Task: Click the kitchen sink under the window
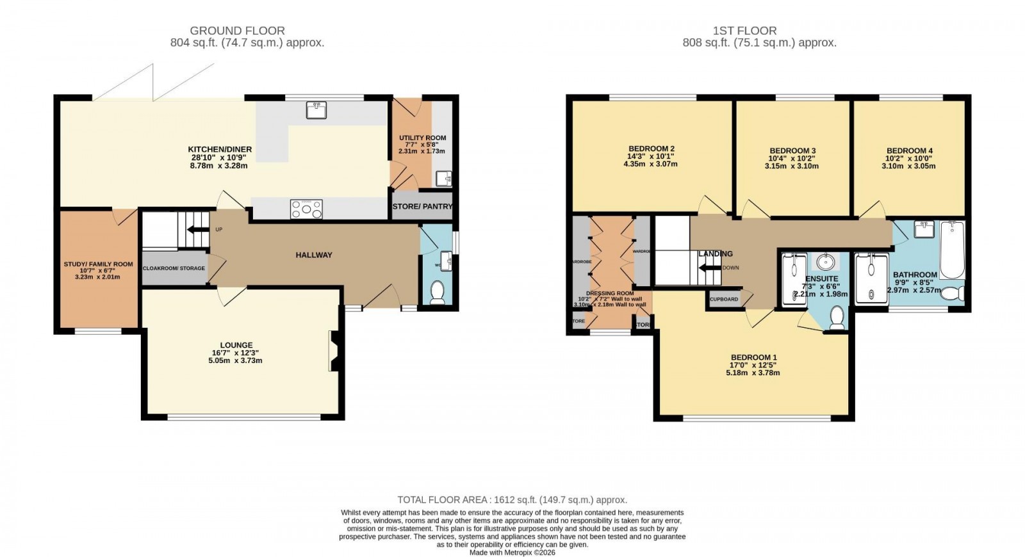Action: tap(317, 111)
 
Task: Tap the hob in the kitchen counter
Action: tap(306, 209)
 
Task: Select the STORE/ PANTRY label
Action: tap(422, 207)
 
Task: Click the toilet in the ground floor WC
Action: tap(438, 293)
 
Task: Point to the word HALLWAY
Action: tap(314, 255)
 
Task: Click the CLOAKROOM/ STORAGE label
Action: tap(174, 268)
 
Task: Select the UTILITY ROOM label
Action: tap(422, 138)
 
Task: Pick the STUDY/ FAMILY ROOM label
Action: tap(98, 264)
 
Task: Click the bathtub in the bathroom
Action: tap(952, 250)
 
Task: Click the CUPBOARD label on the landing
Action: tap(724, 299)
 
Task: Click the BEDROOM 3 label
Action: tap(792, 151)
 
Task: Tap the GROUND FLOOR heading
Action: tap(238, 30)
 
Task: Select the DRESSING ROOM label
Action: tap(609, 293)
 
